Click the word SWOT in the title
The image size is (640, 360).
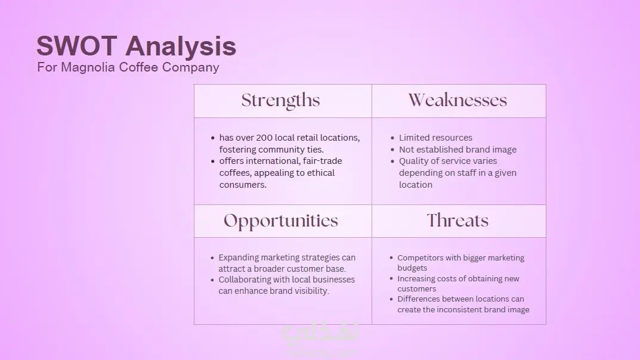pos(77,46)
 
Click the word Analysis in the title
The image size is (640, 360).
pos(180,46)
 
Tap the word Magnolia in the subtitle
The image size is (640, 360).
pos(88,67)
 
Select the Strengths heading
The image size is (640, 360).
pos(280,101)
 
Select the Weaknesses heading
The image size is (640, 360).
pos(457,100)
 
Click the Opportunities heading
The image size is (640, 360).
pos(281,221)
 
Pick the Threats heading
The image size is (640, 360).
pos(457,221)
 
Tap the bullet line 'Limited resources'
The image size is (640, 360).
pos(435,138)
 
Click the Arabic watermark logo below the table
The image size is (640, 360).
pos(320,332)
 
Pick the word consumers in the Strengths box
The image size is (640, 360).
pos(243,185)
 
